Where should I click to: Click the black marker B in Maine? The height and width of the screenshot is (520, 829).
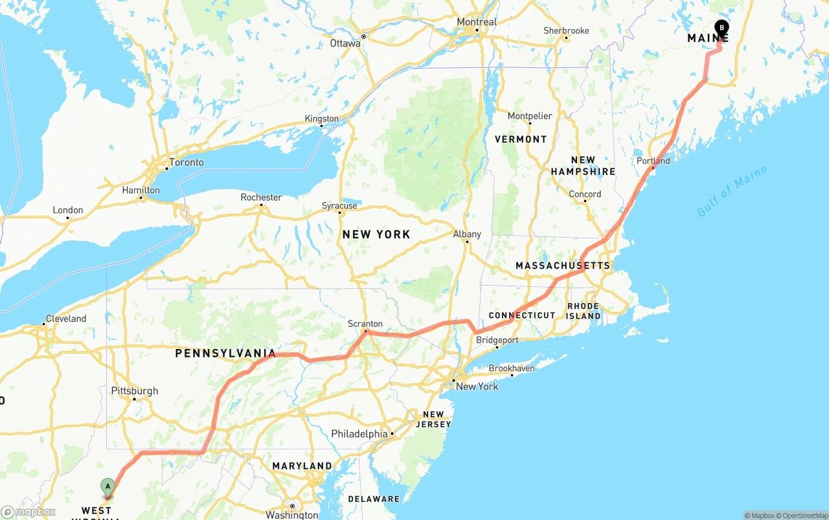click(x=721, y=28)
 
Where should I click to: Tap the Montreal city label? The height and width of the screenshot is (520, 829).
click(x=477, y=22)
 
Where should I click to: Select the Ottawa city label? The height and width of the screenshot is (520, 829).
click(x=345, y=43)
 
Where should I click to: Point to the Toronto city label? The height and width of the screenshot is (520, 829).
click(x=187, y=163)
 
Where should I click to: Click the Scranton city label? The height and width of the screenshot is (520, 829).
click(x=365, y=324)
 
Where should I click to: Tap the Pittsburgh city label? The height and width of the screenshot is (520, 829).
click(x=135, y=390)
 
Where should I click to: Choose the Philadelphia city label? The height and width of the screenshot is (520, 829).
click(x=359, y=433)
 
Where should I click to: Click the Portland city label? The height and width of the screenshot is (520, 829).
click(x=653, y=161)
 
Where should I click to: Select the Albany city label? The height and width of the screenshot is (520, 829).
click(x=467, y=234)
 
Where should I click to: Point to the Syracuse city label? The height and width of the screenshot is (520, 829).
click(x=339, y=206)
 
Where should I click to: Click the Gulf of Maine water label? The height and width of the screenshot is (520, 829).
click(x=732, y=191)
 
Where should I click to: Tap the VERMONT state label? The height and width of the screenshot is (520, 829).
click(x=521, y=139)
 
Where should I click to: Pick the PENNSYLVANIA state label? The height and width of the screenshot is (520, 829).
click(x=225, y=354)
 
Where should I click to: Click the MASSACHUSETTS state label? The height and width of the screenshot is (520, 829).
click(x=562, y=266)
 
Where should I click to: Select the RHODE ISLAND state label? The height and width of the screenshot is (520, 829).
click(x=584, y=311)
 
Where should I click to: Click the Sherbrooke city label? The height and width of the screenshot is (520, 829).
click(x=566, y=30)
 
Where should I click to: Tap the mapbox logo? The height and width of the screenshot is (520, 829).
click(x=28, y=512)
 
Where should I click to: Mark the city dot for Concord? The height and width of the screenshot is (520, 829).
click(x=585, y=201)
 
